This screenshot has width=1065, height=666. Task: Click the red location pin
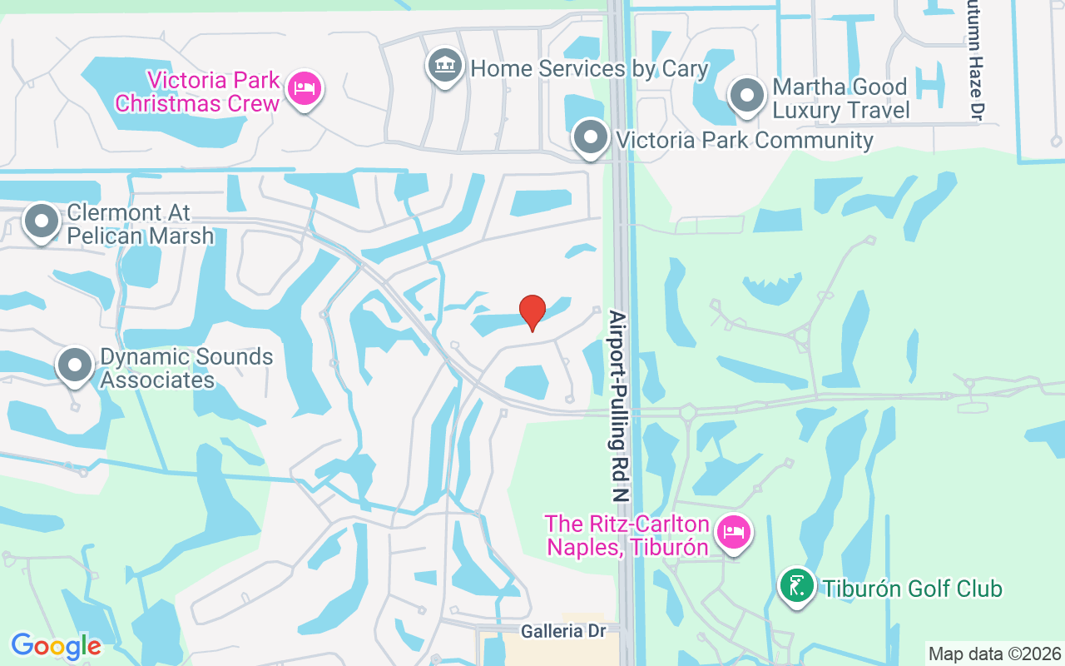click(x=532, y=312)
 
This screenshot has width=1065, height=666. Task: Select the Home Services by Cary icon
click(x=445, y=66)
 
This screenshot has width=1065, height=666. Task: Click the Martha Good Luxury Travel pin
click(x=747, y=96)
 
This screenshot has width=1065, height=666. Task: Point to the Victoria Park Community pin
click(x=592, y=137)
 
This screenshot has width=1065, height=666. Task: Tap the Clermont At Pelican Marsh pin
click(x=42, y=221)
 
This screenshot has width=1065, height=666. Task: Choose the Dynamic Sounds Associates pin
click(x=76, y=365)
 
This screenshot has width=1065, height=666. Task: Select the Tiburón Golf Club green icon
click(x=797, y=586)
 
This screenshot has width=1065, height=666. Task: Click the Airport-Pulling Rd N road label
click(x=617, y=406)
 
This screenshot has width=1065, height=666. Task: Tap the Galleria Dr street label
click(x=563, y=631)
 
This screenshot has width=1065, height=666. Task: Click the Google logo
click(x=56, y=646)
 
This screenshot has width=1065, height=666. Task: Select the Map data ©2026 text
click(x=995, y=654)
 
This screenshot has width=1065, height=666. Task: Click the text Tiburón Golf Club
click(x=912, y=589)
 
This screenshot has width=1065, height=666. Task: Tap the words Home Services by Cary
click(x=589, y=68)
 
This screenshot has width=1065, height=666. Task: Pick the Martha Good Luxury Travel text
click(x=841, y=98)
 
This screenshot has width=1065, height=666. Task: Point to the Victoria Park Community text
click(x=745, y=140)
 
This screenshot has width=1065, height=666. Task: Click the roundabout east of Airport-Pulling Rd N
click(x=687, y=411)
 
